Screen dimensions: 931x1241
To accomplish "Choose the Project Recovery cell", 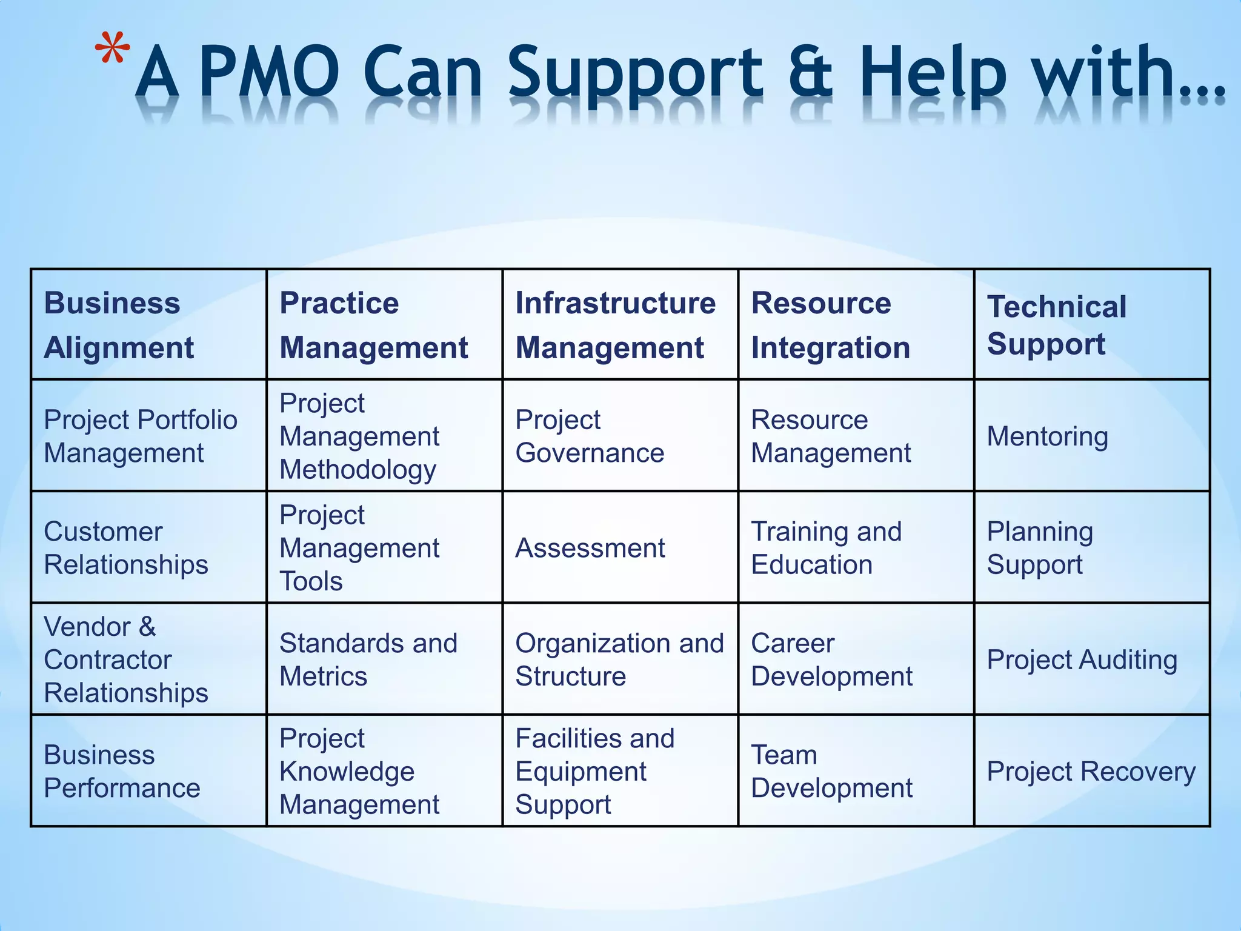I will (1091, 771).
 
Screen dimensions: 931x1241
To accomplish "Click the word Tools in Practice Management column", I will (311, 581).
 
